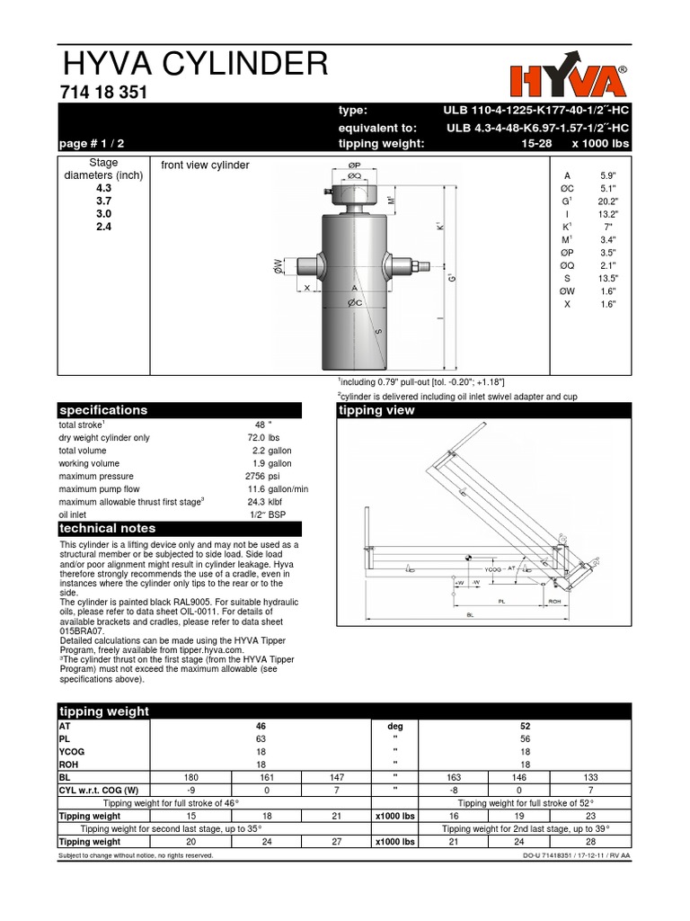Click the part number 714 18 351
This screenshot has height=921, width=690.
[103, 94]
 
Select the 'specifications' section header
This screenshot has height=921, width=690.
[102, 410]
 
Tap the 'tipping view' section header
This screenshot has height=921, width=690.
[376, 410]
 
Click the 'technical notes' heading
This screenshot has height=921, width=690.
[107, 528]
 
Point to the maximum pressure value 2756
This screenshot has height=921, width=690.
[257, 476]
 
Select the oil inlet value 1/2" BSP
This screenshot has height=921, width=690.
[270, 514]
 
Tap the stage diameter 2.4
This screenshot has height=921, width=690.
[104, 228]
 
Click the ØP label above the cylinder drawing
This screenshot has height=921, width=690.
[354, 165]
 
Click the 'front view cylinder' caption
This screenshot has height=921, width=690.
[204, 165]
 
